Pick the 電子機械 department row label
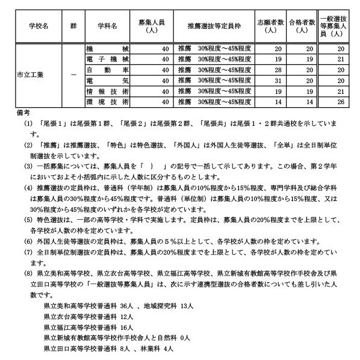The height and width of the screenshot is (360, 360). click(107, 59)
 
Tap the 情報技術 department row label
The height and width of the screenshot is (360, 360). click(107, 90)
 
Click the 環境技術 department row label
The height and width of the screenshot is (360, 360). click(107, 101)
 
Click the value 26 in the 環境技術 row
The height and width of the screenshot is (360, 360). click(341, 101)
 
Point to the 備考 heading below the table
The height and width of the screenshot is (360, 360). click(20, 113)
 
